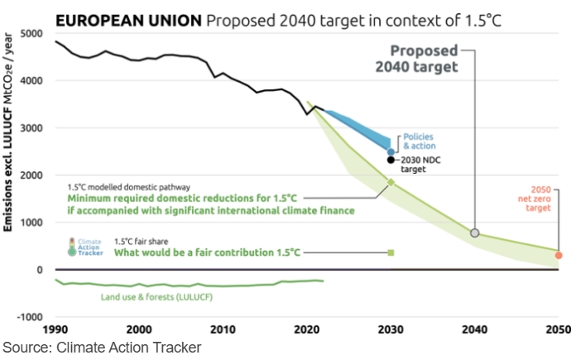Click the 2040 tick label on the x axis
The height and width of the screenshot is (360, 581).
474,329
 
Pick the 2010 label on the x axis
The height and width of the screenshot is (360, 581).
223,329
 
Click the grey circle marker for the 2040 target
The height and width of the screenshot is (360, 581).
475,233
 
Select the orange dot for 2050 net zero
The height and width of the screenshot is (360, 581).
559,256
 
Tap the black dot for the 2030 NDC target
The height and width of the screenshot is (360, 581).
391,160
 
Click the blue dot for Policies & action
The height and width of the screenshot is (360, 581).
391,151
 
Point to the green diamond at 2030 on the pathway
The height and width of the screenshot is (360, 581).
391,182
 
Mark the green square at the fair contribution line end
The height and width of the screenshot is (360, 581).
391,252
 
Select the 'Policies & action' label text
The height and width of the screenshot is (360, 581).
418,141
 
